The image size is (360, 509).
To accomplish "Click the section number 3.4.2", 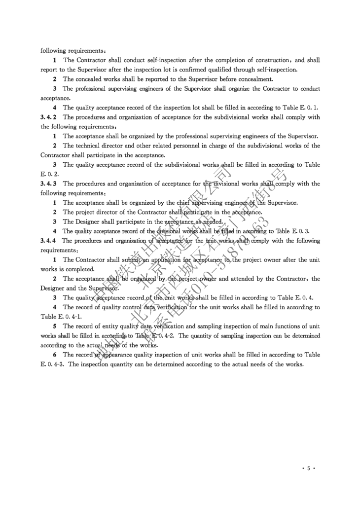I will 49,117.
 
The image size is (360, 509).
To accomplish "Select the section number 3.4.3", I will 49,184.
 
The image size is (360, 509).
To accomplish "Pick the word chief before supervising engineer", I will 170,203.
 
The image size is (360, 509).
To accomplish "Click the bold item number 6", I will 55,355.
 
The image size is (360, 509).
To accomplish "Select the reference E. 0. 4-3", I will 52,364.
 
